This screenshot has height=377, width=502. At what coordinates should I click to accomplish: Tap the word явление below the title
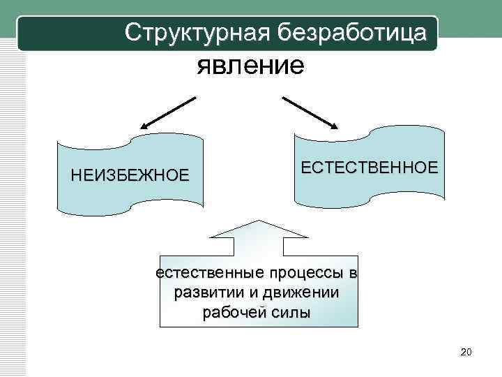click(250, 66)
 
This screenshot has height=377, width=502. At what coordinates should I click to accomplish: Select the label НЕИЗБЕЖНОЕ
click(130, 175)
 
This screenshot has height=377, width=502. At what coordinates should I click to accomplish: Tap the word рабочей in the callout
click(230, 312)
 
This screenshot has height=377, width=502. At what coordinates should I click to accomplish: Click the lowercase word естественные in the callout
click(209, 272)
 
